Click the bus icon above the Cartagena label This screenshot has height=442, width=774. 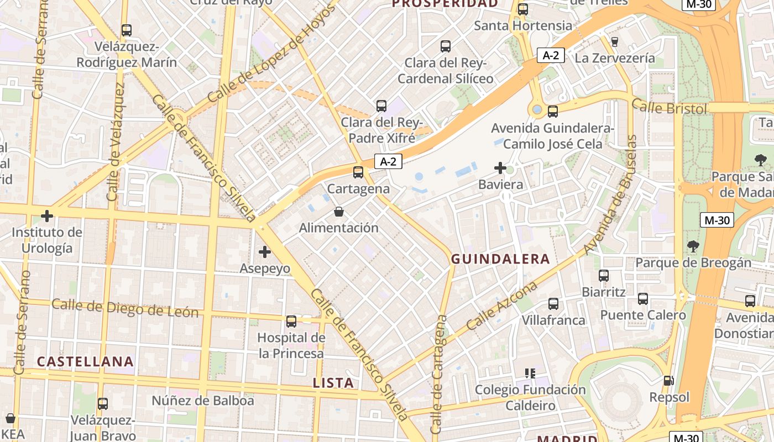coord(358,172)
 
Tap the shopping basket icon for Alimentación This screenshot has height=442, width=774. coord(338,212)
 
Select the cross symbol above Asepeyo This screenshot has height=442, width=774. coord(265,252)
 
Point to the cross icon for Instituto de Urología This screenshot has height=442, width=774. coord(47,216)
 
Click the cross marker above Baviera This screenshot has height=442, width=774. coord(500,168)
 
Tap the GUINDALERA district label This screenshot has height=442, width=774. coord(500,259)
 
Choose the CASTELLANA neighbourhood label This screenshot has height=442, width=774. coord(85,362)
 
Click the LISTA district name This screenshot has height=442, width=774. coord(333,383)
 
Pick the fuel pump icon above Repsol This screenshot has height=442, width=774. coord(669,381)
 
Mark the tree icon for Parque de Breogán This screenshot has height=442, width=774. coord(693,246)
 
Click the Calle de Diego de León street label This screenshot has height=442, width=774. coord(125,308)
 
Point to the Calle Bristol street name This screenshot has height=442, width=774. coord(669,107)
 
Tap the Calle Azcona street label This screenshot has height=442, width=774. coord(502,306)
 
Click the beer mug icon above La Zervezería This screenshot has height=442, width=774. coord(614,41)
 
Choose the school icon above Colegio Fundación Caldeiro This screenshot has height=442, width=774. coord(530,373)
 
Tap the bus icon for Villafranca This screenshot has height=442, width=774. coord(553,304)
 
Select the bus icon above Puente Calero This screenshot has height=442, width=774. coord(643,299)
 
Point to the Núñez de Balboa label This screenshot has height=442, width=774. coord(203,401)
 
